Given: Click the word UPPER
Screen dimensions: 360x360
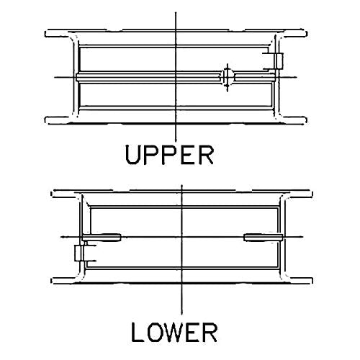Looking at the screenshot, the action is click(169, 155).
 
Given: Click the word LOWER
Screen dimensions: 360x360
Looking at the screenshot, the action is click(174, 333).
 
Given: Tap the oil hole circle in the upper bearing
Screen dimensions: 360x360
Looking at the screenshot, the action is click(228, 77).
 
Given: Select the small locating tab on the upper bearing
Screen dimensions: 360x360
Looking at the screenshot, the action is click(279, 61).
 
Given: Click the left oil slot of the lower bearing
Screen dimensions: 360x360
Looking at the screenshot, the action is click(102, 238).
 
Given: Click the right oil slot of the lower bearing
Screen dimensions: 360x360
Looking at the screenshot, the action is click(263, 238).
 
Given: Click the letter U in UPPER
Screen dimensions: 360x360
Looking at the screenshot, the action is click(132, 155).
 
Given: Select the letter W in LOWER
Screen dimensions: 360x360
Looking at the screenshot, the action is click(174, 333).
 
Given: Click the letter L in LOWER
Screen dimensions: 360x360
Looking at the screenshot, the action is click(138, 333).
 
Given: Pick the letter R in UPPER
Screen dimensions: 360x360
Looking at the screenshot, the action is click(207, 155).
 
